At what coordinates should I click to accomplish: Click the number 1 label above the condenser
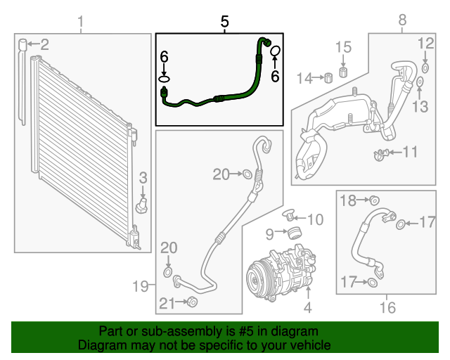pos(80,23)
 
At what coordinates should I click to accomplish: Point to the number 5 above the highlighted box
pos(224,22)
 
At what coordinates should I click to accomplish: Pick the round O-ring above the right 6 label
pos(276,51)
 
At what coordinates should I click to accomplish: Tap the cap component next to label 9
pos(296,233)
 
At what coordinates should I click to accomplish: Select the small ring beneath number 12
pos(426,68)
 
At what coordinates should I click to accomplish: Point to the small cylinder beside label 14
pos(327,77)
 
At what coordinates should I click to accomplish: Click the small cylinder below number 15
pos(343,72)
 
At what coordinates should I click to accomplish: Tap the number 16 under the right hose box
pos(387,307)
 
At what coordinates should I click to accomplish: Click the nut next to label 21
pos(193,302)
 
